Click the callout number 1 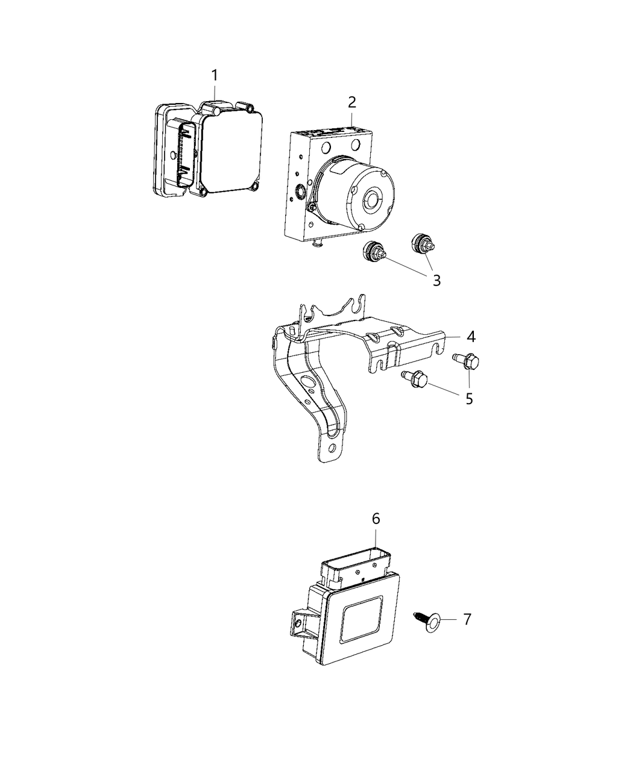(214, 76)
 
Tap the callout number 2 (351, 102)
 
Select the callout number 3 (436, 280)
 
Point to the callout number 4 (470, 336)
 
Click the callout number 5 (469, 398)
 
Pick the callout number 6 (376, 519)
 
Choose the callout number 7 (467, 619)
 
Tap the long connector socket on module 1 (183, 154)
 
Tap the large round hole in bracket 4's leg (307, 382)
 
